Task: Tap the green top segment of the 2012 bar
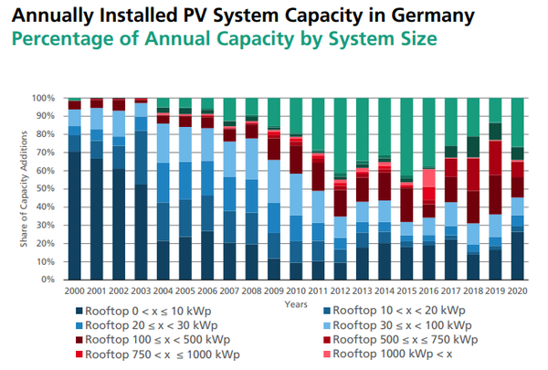340,137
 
